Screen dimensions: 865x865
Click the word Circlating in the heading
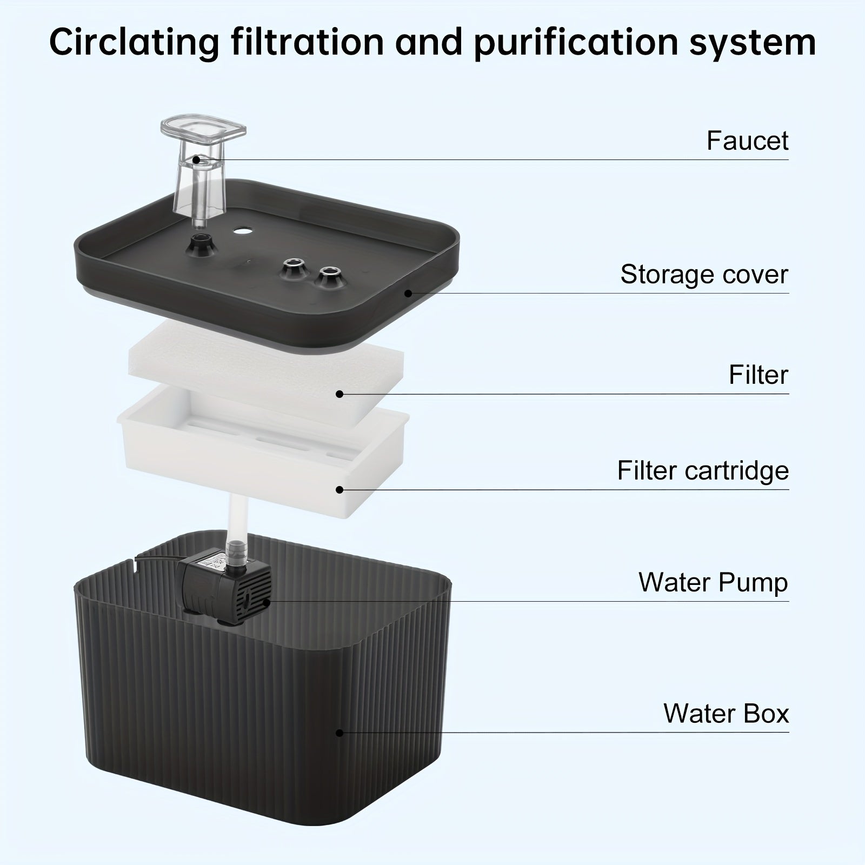click(135, 42)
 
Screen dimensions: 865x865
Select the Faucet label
click(748, 141)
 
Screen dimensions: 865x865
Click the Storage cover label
click(704, 274)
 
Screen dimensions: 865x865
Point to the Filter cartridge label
click(703, 470)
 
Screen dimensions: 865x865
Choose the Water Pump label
click(713, 582)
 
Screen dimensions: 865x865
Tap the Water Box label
click(726, 713)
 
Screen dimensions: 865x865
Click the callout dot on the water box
click(340, 733)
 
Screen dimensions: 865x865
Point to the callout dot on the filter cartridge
click(340, 489)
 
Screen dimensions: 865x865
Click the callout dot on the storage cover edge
click(409, 293)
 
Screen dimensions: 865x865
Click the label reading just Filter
click(758, 375)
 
